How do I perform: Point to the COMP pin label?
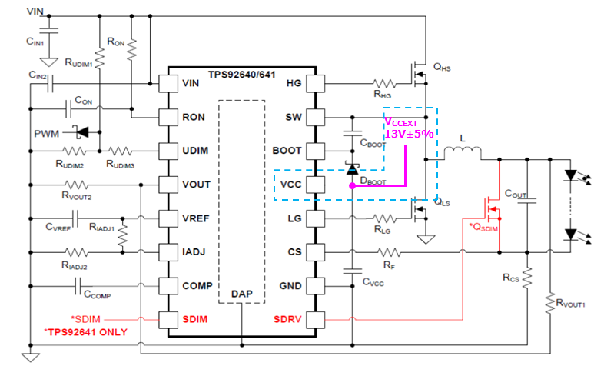coord(198,285)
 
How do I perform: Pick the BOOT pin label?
coord(287,150)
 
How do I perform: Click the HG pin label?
coord(293,83)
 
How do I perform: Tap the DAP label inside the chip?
coord(242,294)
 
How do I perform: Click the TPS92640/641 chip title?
coord(242,74)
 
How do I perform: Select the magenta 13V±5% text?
coord(410,134)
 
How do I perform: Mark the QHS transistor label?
coord(442,68)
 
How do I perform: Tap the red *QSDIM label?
coord(484,226)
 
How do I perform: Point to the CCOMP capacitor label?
coord(98,294)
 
